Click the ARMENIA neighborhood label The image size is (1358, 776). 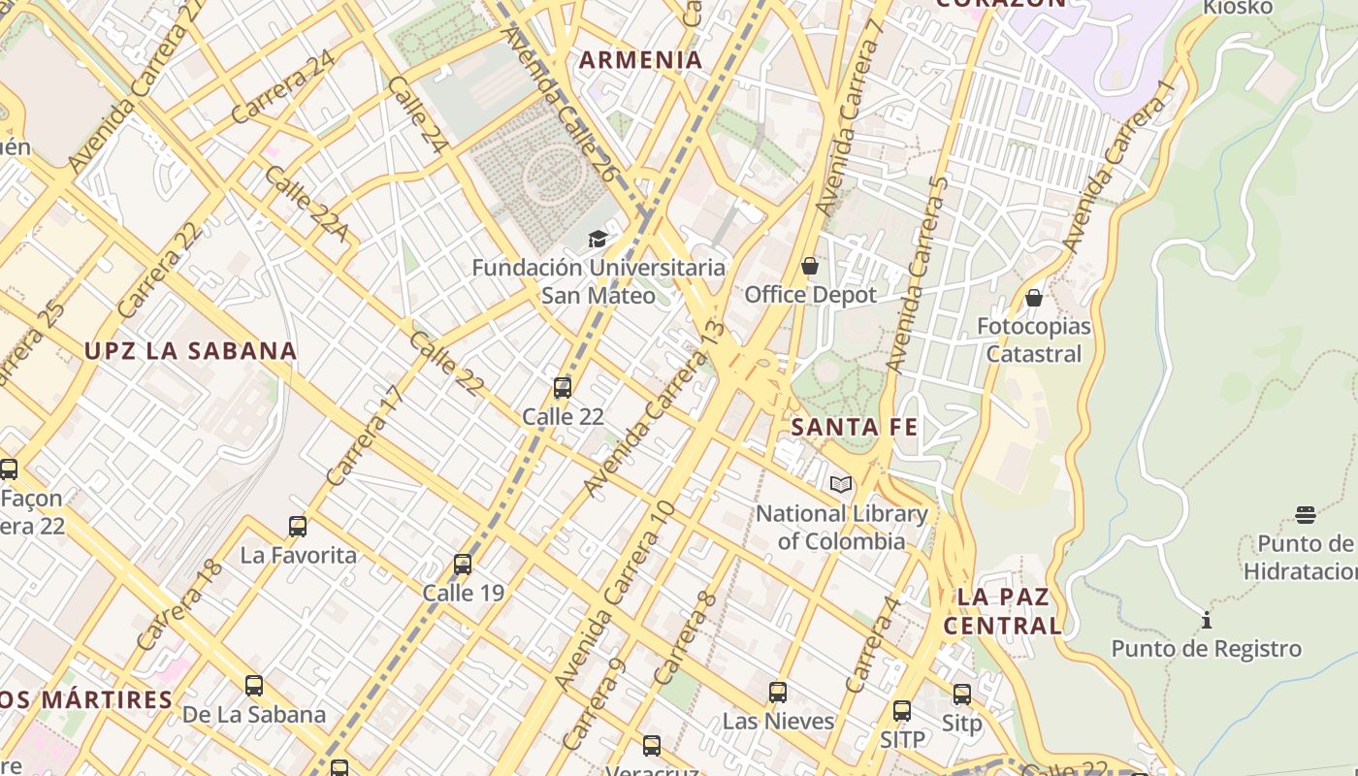(x=640, y=60)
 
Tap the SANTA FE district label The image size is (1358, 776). (x=855, y=427)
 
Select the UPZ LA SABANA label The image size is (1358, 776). (x=190, y=351)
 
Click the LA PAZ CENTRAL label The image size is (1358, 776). (x=1003, y=611)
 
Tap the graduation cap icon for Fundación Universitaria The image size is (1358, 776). (x=598, y=239)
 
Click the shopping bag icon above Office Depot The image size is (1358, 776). (x=810, y=266)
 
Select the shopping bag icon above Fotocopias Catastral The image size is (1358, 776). (x=1034, y=298)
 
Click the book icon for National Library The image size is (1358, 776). (x=841, y=484)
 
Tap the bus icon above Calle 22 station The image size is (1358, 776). (x=563, y=388)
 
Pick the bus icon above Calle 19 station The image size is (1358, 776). (x=463, y=565)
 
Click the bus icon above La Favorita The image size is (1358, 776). (x=298, y=527)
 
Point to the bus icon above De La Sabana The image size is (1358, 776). (x=254, y=686)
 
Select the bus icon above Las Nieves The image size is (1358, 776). (x=778, y=693)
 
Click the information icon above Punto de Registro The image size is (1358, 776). (x=1207, y=620)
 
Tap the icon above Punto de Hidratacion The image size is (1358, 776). (x=1306, y=514)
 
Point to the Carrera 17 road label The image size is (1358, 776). (x=364, y=436)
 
